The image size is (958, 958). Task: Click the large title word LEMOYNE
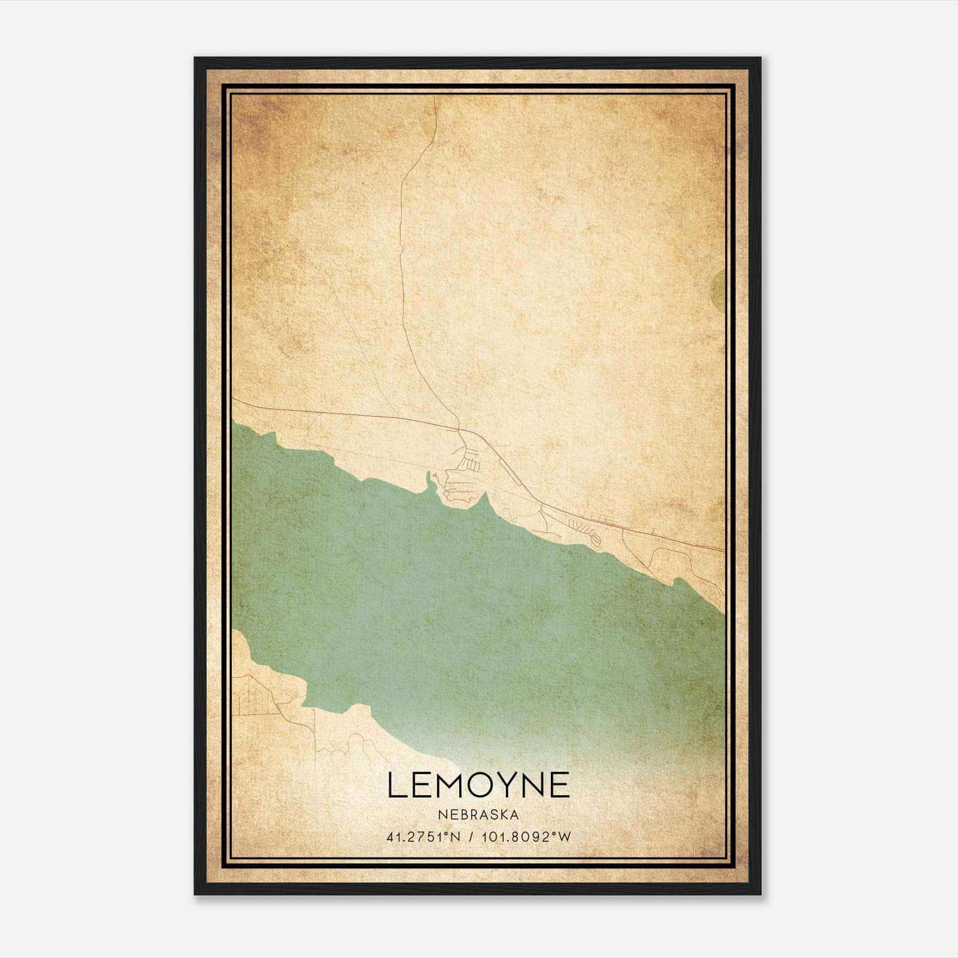pos(478,785)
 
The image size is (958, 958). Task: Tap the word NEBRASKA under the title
pos(478,814)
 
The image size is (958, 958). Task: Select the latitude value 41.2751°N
pos(423,836)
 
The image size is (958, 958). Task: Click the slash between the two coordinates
pos(473,836)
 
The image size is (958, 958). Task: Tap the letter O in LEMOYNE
pos(469,785)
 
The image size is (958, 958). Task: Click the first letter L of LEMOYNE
pos(396,785)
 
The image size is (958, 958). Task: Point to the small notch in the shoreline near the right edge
pos(677,581)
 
